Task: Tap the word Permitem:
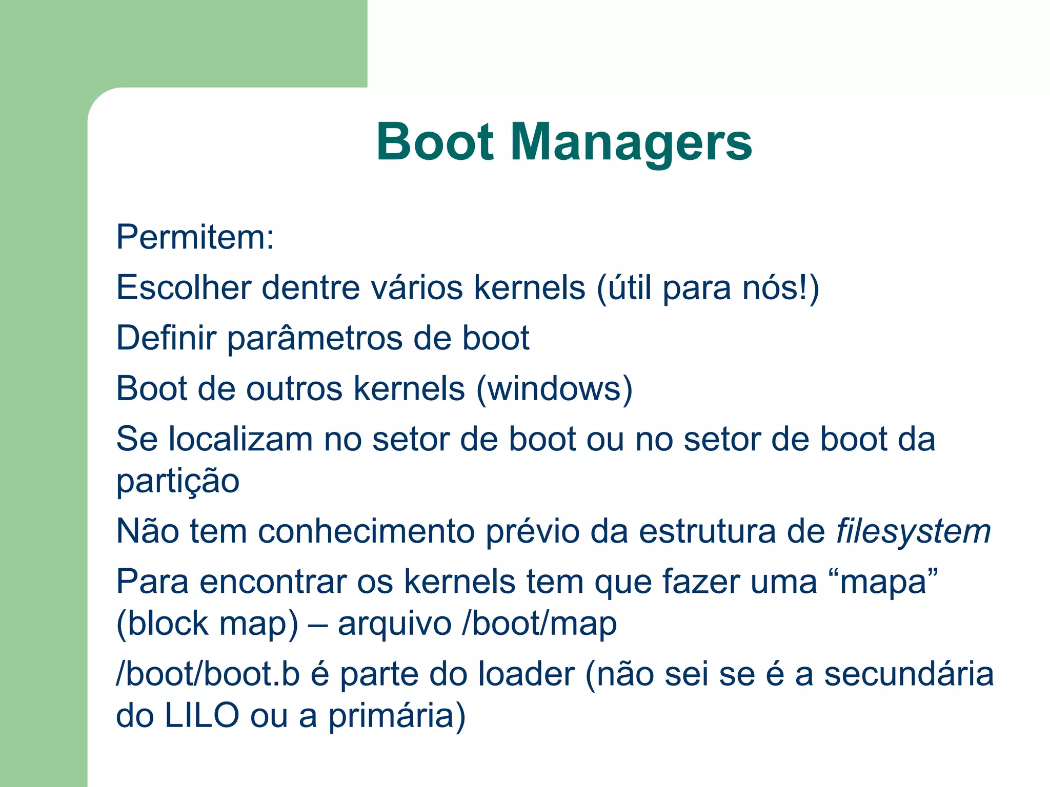195,237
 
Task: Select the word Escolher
184,287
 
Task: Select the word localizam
240,440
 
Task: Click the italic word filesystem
914,532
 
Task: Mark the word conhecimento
366,532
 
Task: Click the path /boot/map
539,625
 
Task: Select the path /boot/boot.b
208,674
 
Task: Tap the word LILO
201,716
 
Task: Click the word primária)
397,717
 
